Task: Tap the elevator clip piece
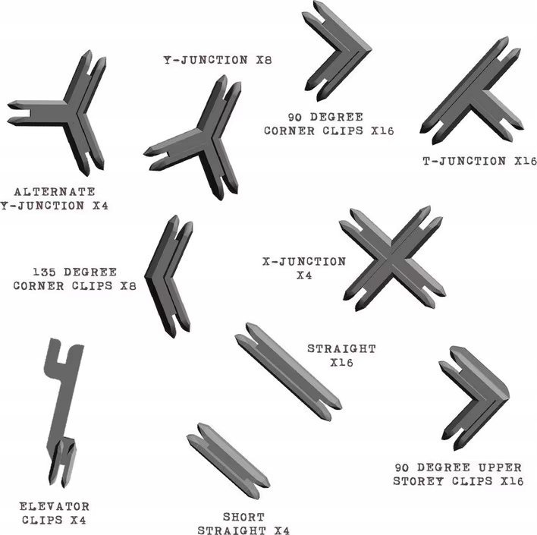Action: click(64, 410)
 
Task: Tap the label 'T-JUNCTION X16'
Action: click(479, 161)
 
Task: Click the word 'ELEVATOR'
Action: click(55, 506)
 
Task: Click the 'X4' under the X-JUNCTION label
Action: click(304, 275)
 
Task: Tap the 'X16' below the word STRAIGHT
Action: click(341, 363)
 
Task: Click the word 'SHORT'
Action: click(243, 517)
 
